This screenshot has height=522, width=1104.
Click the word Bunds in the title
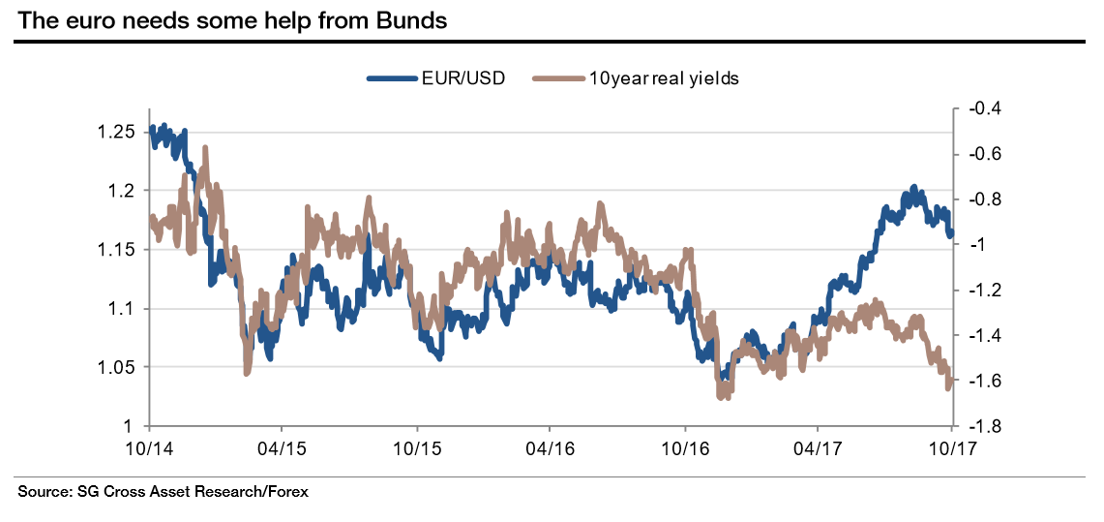tap(412, 20)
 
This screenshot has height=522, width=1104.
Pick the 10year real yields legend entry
tap(664, 78)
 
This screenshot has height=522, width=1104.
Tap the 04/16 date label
tap(550, 448)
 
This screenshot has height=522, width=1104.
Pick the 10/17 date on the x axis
tap(952, 448)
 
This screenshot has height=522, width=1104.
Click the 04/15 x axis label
tap(282, 448)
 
